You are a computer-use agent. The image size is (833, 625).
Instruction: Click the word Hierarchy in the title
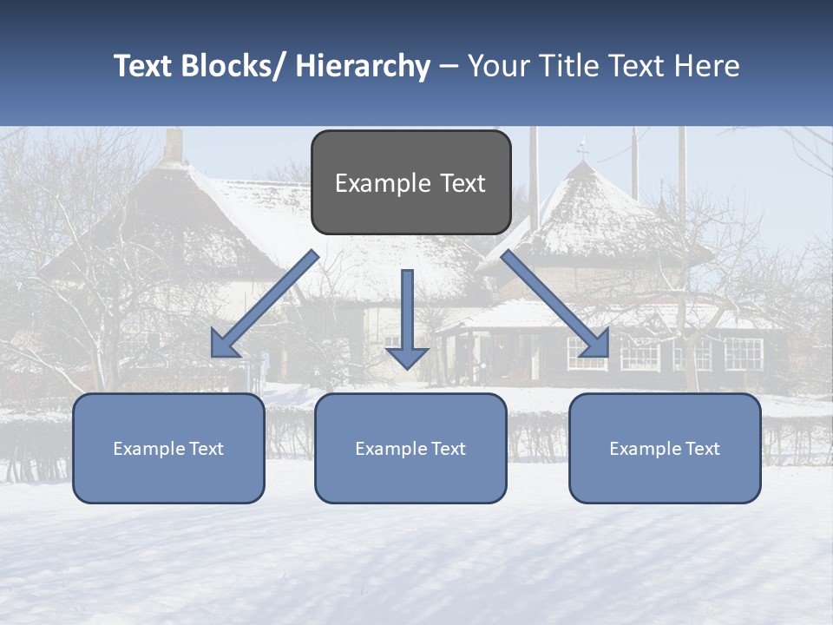363,66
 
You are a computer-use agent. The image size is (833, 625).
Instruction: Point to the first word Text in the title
144,66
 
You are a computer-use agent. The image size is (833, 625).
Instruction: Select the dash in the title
449,67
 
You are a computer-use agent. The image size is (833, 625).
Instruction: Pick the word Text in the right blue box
702,449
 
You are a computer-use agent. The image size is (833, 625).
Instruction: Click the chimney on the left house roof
174,145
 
